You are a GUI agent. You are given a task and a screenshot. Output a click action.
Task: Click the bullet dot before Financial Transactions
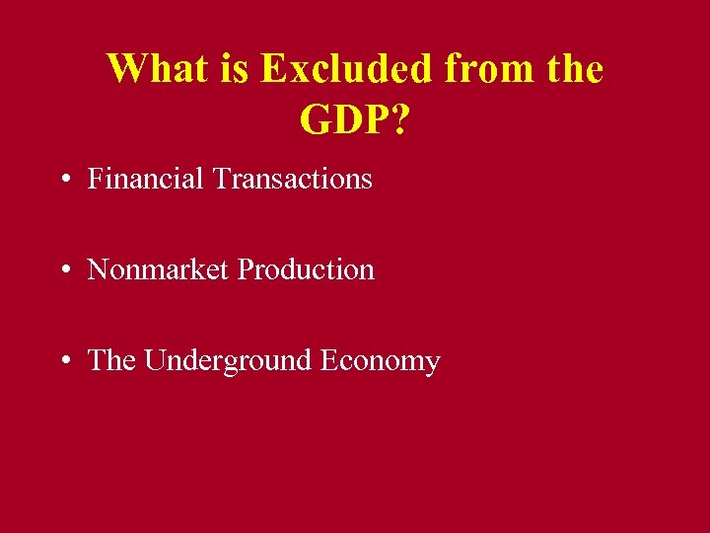pyautogui.click(x=64, y=181)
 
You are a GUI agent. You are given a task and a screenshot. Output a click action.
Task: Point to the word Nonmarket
pyautogui.click(x=159, y=269)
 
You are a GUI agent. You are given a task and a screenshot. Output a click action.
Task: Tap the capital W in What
pyautogui.click(x=125, y=69)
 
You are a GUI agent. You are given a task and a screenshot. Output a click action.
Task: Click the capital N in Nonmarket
pyautogui.click(x=97, y=269)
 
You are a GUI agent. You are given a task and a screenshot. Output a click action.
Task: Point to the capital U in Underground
pyautogui.click(x=154, y=360)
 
